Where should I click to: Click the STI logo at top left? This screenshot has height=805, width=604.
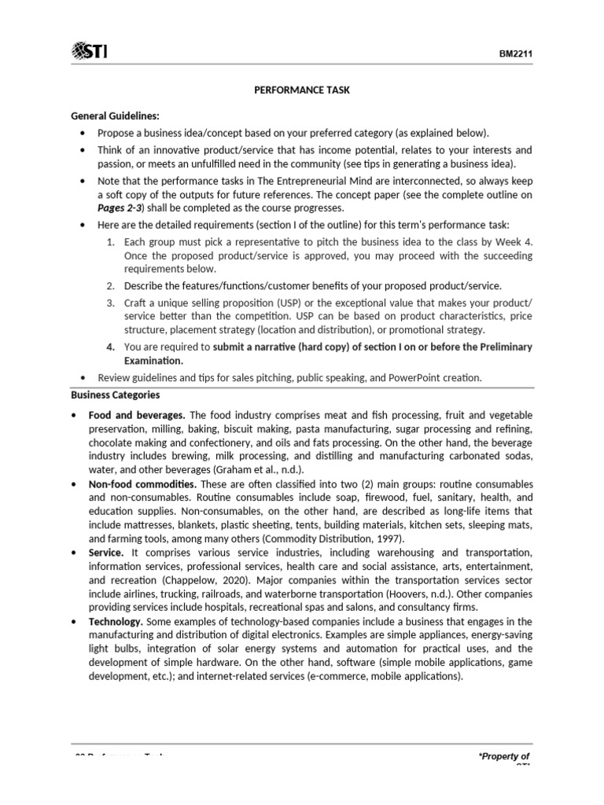pos(90,52)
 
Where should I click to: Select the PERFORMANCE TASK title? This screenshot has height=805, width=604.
pos(302,90)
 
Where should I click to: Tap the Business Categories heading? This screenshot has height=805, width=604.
pos(116,395)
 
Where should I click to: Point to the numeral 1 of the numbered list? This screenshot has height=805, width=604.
pos(110,243)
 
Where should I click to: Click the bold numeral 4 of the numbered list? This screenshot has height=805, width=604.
pos(111,347)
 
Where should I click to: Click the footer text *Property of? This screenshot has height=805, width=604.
pos(503,756)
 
